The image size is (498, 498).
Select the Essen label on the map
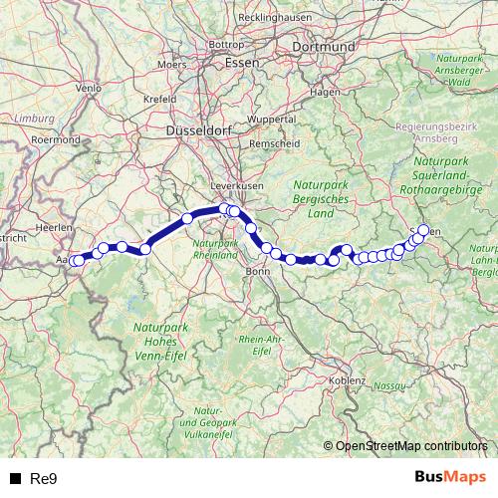242,62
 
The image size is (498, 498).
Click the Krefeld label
159,100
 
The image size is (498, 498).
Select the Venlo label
90,88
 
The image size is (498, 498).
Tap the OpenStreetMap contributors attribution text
410,447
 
